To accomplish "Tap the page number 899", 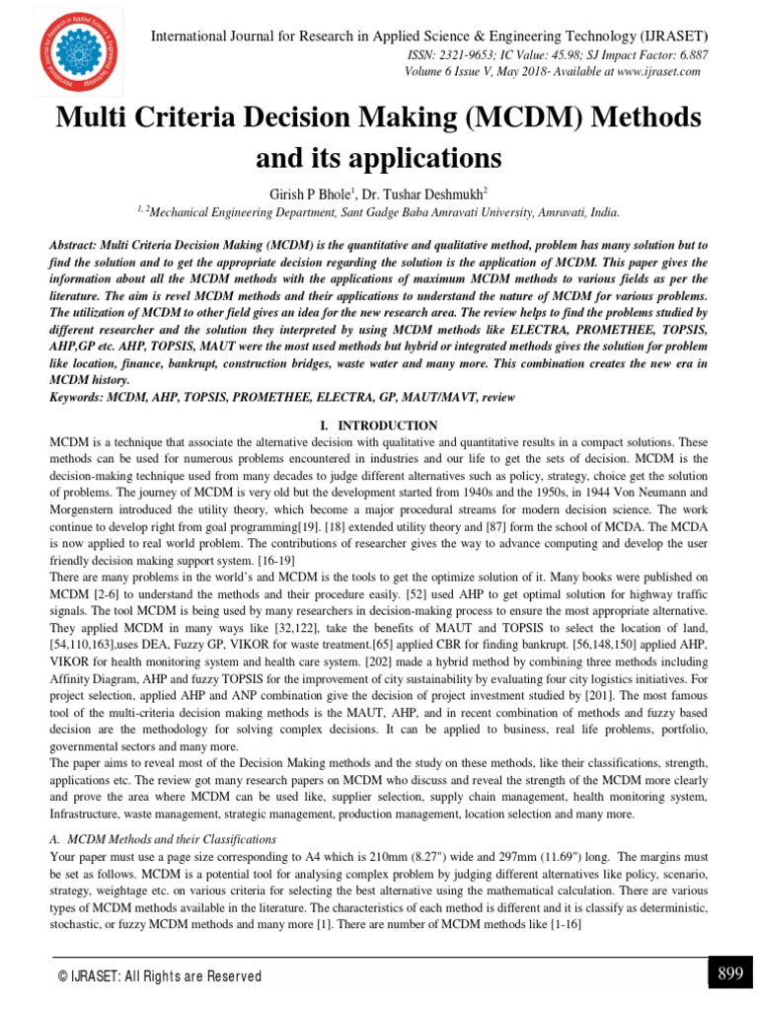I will (730, 973).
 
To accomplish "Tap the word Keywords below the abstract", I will (79, 397).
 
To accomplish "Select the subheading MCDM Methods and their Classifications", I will (170, 838).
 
